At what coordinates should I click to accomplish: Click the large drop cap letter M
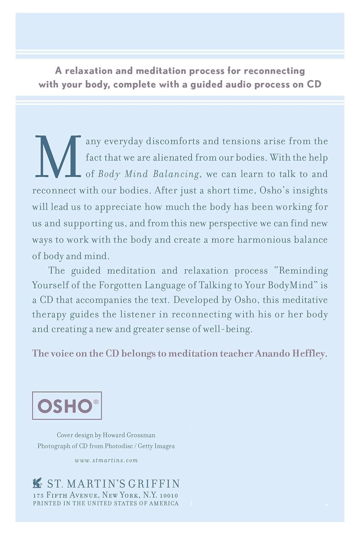coord(58,157)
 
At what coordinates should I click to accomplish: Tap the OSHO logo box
coord(67,406)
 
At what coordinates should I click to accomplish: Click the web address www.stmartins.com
coord(106,460)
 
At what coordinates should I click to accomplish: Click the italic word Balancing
coord(176,174)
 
